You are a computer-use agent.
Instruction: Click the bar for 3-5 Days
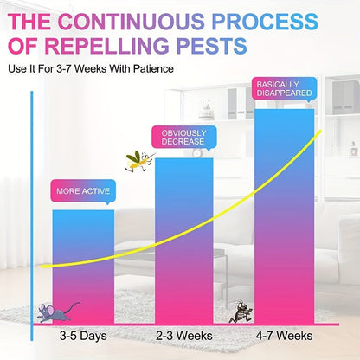coord(83,267)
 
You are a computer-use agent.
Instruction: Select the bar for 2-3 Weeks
coord(184,241)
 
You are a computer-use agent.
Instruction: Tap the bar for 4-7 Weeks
coord(284,216)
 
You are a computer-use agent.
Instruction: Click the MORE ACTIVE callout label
coord(83,191)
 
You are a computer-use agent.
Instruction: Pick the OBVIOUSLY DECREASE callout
coord(184,138)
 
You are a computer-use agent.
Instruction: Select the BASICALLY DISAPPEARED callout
coord(285,88)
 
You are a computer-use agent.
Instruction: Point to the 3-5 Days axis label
coord(83,336)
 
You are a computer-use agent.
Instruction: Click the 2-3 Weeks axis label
coord(184,336)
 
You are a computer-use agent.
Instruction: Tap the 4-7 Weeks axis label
coord(285,336)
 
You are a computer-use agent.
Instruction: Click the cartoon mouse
coord(56,312)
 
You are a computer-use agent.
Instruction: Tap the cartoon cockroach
coord(241,312)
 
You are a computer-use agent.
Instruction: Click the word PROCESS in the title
coord(265,22)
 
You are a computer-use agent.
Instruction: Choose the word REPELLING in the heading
coord(106,46)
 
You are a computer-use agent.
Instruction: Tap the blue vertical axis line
coord(32,215)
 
